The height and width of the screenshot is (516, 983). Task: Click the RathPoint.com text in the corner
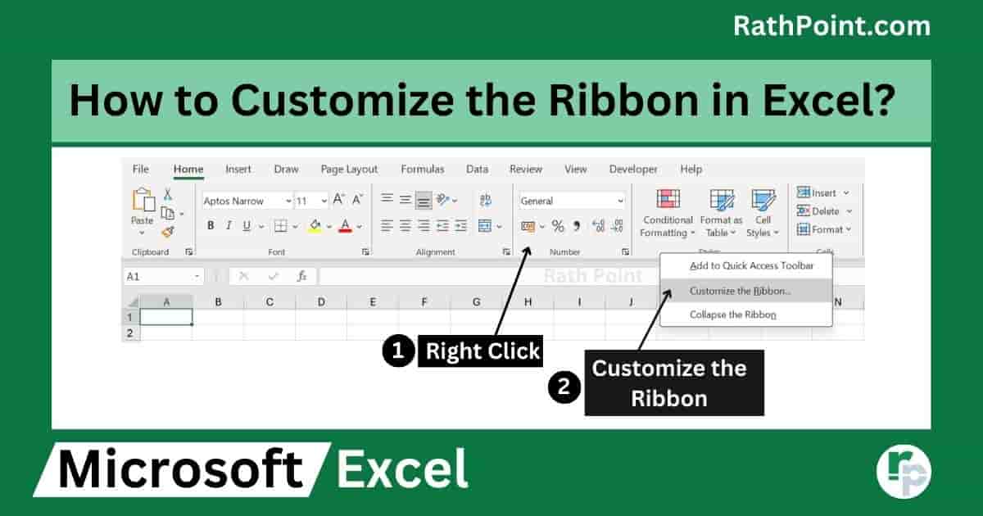831,26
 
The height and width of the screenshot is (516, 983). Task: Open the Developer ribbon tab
633,170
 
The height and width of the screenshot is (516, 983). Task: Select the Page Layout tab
349,170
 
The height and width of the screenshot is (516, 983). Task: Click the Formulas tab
422,170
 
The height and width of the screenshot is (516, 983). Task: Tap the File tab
140,170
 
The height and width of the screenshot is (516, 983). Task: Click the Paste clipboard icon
143,200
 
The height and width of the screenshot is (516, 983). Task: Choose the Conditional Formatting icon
668,199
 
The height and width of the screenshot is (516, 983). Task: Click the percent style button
558,226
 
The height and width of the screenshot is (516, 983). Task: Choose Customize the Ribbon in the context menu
741,291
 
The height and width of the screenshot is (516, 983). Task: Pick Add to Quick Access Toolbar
751,266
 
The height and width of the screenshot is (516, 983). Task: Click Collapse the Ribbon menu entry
733,315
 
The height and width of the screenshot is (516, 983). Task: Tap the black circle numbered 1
398,351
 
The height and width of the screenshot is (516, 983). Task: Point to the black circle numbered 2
564,387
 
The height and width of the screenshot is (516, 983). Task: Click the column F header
424,302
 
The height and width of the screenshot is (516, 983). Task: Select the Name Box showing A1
163,277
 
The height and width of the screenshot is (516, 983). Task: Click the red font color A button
346,226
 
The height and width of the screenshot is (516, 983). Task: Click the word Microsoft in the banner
180,468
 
